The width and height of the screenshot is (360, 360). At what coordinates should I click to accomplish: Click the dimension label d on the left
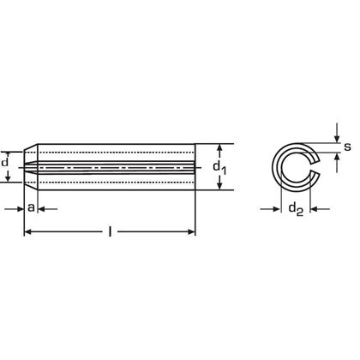7,162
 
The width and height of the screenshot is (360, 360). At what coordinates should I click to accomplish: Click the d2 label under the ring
295,207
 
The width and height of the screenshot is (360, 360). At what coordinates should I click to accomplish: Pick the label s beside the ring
346,147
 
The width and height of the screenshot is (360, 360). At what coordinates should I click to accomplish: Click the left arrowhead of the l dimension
27,231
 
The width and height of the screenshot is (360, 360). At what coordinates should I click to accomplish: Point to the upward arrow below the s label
336,161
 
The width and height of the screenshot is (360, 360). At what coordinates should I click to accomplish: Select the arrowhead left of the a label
18,207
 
